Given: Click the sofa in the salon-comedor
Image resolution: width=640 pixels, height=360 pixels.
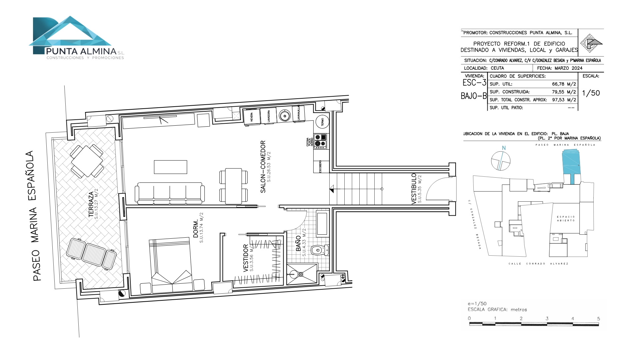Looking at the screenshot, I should pos(170,193).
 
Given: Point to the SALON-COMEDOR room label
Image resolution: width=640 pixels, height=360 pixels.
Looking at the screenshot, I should pos(263,167).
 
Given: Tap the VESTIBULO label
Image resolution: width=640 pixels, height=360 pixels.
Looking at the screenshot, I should pos(414,188).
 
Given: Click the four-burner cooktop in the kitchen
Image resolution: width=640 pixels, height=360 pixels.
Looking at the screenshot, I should pos(320,141).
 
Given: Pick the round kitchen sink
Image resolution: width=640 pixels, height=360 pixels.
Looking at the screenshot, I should pos(284,116).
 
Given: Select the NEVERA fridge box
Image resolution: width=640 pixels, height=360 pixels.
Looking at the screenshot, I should pos(252,116).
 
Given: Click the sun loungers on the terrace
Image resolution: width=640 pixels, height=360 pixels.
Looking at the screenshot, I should pos(91,253).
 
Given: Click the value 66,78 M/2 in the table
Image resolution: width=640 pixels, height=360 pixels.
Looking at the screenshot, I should pos(564,84).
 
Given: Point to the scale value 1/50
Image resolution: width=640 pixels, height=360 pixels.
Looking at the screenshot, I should pos(591,93).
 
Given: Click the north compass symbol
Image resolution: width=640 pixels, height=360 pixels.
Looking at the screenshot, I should pos(501,161).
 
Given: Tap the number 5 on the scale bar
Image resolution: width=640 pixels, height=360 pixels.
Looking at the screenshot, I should pos(598,319).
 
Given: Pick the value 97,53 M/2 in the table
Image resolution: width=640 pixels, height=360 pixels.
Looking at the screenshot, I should pos(564,100).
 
